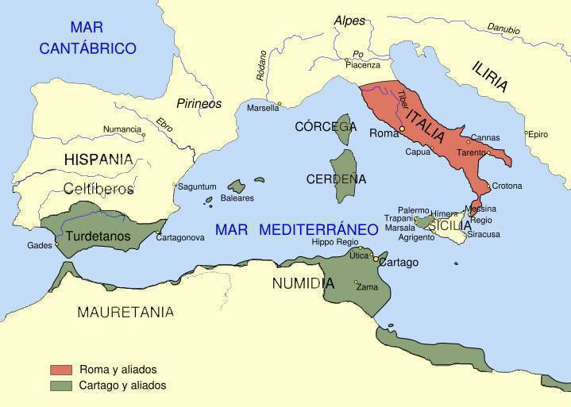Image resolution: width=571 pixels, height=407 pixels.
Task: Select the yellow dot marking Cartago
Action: pos(376,259)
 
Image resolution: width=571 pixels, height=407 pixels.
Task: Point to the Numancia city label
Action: pos(122,129)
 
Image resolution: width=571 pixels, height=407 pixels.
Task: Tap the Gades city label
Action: pos(40,245)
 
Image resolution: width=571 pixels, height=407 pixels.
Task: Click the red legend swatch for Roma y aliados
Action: pos(61,370)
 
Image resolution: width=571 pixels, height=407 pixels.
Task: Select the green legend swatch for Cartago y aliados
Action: pos(61,386)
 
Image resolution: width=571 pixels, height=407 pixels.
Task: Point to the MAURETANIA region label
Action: pos(125,311)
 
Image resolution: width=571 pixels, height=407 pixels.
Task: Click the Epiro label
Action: pos(538,134)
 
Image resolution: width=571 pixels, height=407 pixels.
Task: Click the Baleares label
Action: pos(237,198)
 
